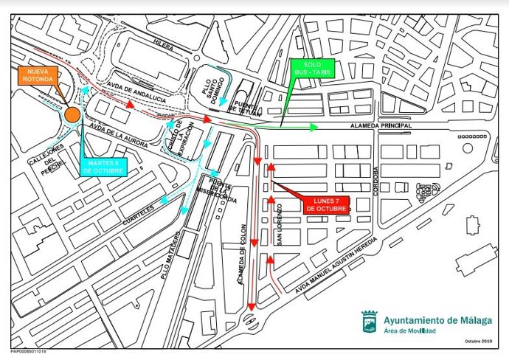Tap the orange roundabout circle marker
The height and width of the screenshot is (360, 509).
pyautogui.click(x=72, y=114)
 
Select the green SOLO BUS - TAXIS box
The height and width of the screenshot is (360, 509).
pyautogui.click(x=312, y=69)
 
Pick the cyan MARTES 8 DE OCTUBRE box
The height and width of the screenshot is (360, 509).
pyautogui.click(x=101, y=167)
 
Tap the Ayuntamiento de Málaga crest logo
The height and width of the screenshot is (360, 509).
pyautogui.click(x=369, y=322)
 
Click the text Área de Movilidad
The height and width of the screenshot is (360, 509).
pyautogui.click(x=409, y=330)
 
